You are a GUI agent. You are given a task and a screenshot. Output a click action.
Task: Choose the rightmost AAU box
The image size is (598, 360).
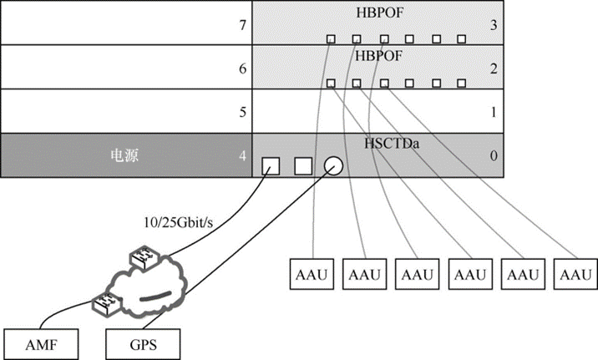pos(575,275)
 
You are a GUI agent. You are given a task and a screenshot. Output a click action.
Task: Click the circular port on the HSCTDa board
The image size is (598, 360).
pos(333,165)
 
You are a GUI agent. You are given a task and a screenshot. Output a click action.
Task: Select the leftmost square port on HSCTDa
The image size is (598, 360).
pos(271,165)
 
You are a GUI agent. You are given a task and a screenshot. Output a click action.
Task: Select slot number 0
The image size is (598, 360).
pos(494,155)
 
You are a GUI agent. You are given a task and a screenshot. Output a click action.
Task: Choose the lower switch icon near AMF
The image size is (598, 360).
pos(106,300)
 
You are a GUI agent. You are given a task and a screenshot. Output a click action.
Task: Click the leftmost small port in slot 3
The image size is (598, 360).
pos(331,38)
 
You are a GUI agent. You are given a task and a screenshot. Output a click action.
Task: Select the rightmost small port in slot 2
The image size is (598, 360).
pos(461,83)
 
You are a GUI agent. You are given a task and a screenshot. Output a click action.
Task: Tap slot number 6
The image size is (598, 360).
pos(242,69)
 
